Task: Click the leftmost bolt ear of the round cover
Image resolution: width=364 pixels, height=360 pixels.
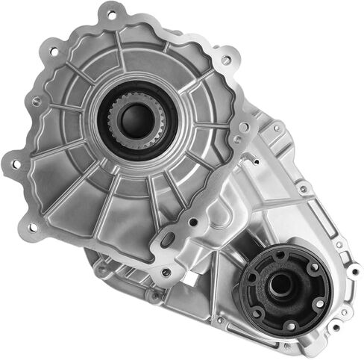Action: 13,161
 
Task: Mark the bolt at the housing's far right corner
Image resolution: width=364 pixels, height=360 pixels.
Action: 351,267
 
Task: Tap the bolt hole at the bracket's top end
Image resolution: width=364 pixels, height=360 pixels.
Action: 238,140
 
